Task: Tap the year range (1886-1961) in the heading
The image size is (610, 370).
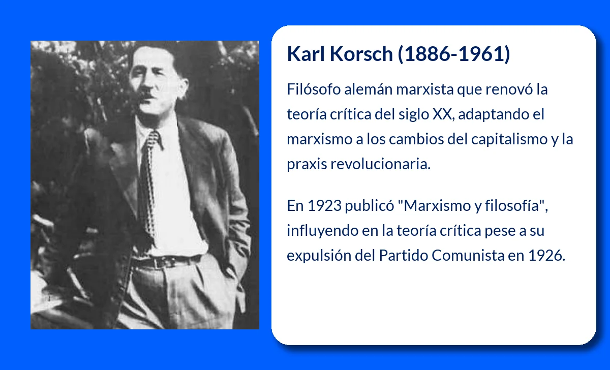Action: point(454,54)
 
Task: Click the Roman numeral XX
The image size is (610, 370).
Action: point(441,114)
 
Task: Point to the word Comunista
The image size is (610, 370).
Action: point(467,256)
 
